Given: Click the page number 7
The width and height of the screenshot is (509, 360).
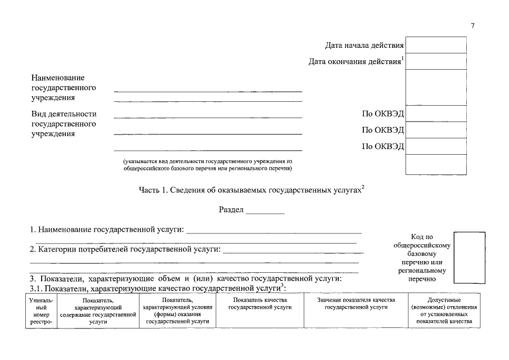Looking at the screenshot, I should (x=473, y=26).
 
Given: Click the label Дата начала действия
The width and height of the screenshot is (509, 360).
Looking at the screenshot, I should (x=364, y=46).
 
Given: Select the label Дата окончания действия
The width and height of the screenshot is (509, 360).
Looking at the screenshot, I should (x=354, y=61).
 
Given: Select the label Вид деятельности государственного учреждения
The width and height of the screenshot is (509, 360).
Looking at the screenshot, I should (x=63, y=124).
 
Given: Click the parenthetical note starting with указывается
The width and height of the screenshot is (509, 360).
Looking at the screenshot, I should (x=208, y=164).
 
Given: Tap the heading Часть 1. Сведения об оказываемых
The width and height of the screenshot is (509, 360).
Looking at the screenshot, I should (x=251, y=190).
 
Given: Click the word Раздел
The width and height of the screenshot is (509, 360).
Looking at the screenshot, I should (x=231, y=210).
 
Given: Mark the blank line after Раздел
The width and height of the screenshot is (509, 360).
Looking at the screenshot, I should (x=265, y=213).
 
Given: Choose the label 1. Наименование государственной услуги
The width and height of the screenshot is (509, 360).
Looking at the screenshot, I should (x=107, y=230).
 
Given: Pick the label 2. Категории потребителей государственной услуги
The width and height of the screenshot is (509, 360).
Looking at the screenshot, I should (x=125, y=249).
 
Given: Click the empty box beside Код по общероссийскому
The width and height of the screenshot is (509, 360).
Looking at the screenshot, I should (x=469, y=257).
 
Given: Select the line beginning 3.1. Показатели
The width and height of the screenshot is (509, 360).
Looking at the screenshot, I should (x=157, y=288).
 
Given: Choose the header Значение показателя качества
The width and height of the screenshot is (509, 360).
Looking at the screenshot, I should (x=356, y=304).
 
